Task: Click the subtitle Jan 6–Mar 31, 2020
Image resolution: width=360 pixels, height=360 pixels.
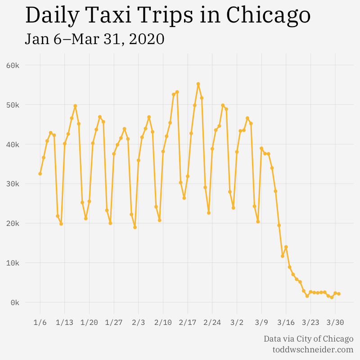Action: click(x=94, y=39)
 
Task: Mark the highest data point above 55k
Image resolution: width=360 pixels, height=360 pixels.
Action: click(x=198, y=84)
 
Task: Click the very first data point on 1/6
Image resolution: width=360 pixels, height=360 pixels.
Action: click(x=40, y=174)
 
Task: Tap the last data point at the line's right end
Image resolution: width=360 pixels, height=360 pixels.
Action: click(x=338, y=294)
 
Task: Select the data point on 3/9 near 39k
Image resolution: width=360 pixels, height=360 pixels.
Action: click(x=261, y=148)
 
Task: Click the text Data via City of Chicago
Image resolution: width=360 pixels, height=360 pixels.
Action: click(x=308, y=339)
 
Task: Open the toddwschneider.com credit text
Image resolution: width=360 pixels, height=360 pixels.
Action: click(x=313, y=349)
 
